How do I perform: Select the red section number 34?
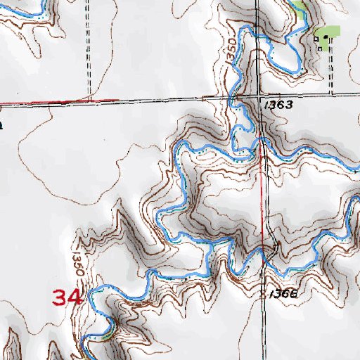click(x=68, y=297)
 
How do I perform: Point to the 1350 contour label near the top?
click(x=232, y=51)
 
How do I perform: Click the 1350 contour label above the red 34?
click(x=78, y=261)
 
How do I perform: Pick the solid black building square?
click(x=326, y=37)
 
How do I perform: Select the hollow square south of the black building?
click(x=321, y=49)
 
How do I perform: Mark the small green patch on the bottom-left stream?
click(x=105, y=336)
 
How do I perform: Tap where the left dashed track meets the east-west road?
click(x=89, y=98)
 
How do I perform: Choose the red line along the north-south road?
click(x=264, y=197)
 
